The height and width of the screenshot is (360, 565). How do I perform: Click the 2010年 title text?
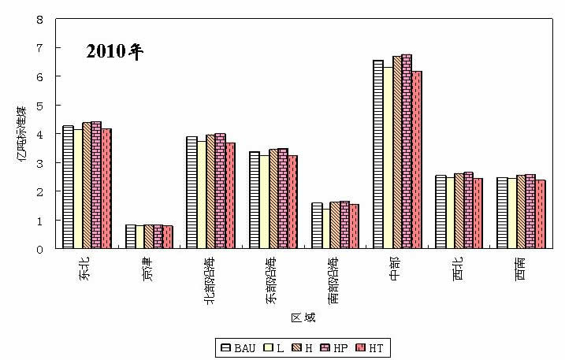click(x=114, y=53)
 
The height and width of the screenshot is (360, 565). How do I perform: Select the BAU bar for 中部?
click(x=377, y=154)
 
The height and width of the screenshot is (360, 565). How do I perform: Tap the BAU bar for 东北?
click(x=68, y=187)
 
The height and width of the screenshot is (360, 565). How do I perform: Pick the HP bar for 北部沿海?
click(x=221, y=191)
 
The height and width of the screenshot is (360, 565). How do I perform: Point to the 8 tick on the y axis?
click(x=40, y=19)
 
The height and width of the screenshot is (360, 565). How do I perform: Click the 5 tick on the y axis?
click(x=40, y=106)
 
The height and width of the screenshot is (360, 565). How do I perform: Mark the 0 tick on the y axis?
click(x=40, y=249)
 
